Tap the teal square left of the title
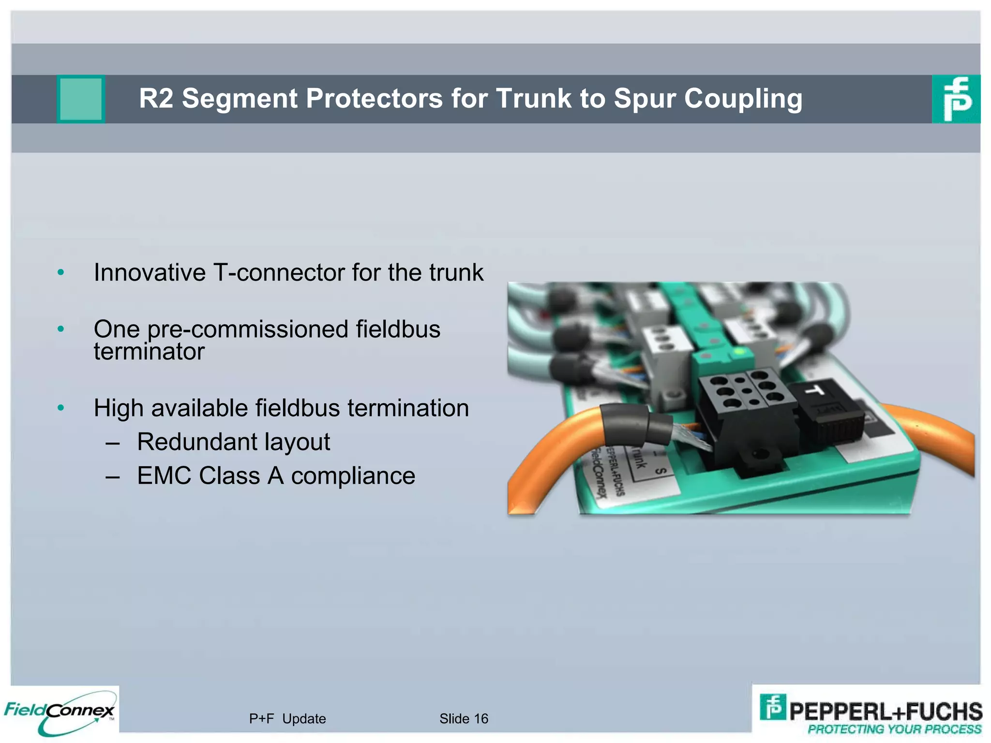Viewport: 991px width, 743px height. click(81, 99)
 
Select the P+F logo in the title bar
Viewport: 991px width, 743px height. click(956, 99)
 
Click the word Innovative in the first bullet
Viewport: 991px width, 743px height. click(150, 272)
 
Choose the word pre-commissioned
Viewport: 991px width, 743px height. click(247, 329)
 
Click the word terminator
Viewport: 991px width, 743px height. click(149, 352)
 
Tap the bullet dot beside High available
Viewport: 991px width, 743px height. click(60, 408)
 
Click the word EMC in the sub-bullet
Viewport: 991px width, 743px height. click(164, 476)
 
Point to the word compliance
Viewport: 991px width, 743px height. click(353, 476)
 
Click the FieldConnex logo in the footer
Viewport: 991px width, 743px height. click(59, 712)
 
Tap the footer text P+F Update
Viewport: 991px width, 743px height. click(287, 719)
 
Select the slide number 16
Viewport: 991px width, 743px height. click(481, 719)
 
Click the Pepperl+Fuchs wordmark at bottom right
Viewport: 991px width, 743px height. click(886, 712)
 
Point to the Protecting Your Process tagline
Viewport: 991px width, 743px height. click(894, 729)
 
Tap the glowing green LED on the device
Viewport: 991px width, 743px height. click(738, 351)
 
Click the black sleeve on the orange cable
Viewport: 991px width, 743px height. click(634, 424)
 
